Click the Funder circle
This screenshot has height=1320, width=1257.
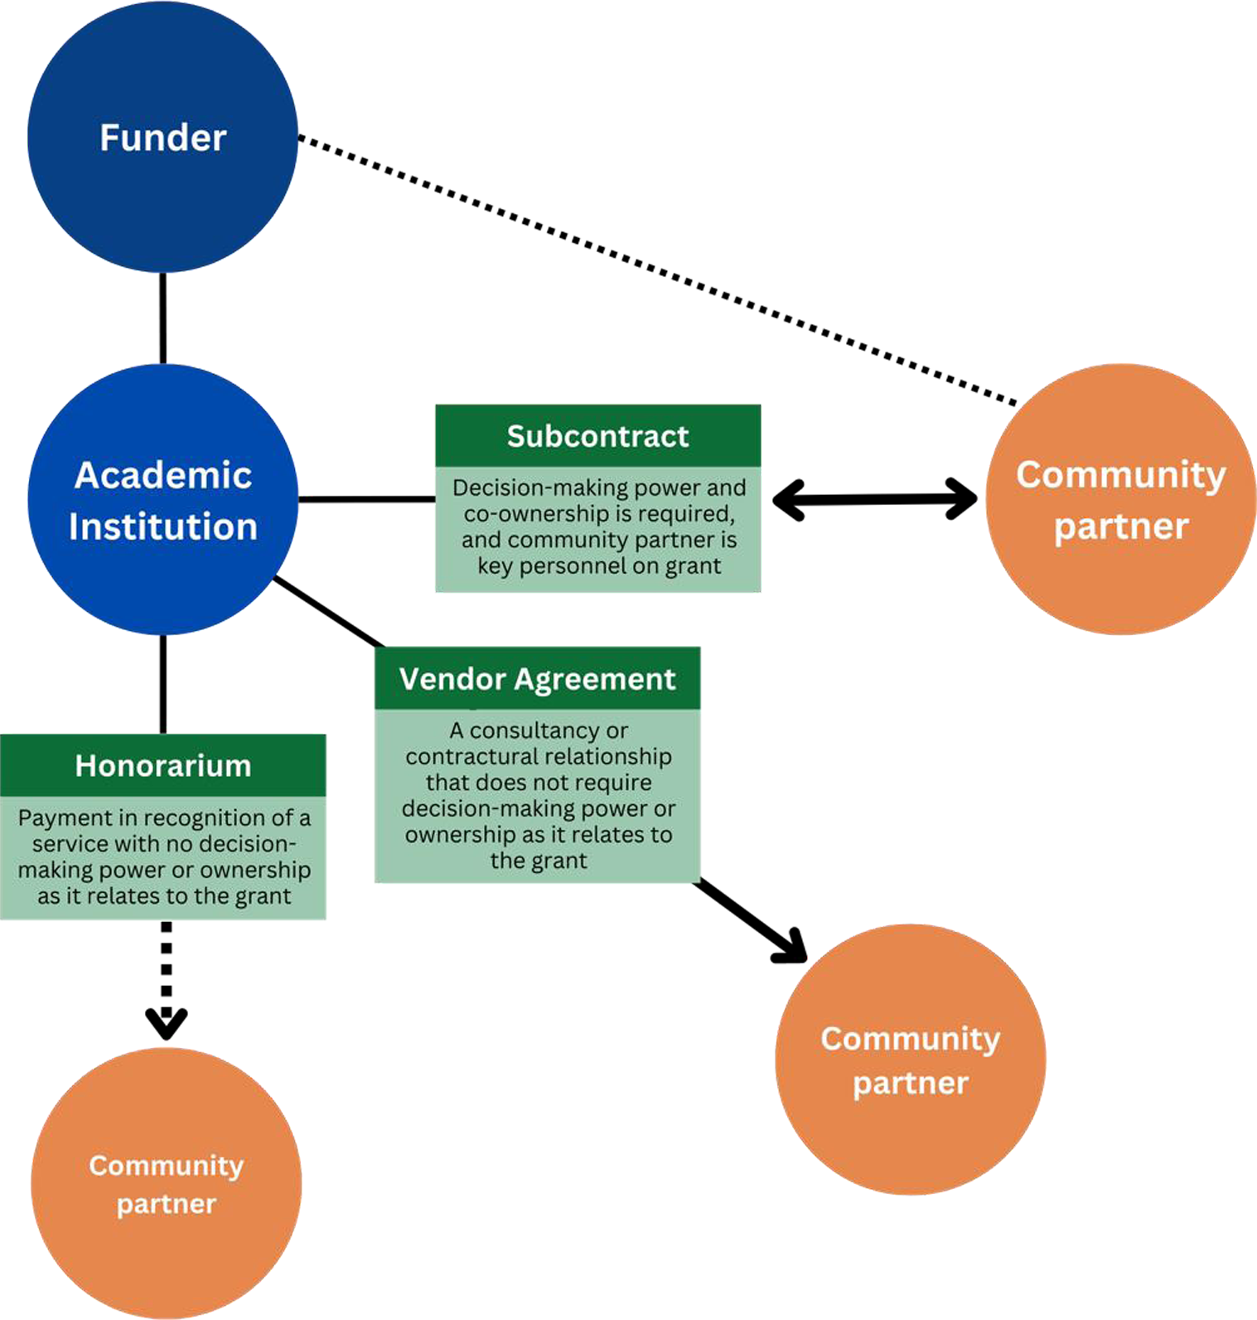pos(162,137)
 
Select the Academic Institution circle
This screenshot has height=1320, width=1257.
pos(162,499)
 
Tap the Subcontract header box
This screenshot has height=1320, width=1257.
pos(597,436)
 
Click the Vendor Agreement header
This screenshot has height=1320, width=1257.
pos(537,678)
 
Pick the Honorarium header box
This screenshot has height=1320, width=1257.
pos(162,765)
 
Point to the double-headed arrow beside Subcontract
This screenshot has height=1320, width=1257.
pos(874,499)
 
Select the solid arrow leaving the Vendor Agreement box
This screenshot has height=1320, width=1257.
pos(750,920)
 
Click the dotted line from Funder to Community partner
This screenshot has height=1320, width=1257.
pos(657,270)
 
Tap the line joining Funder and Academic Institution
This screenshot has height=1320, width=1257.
pos(162,318)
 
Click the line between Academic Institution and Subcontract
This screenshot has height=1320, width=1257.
pos(367,499)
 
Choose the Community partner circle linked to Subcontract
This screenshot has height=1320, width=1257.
pos(1121,499)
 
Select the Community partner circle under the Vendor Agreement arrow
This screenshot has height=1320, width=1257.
pos(911,1059)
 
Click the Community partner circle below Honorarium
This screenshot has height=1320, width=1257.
pos(167,1183)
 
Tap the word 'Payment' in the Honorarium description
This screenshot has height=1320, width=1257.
pos(65,818)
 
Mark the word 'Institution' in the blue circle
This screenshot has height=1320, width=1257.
pos(162,527)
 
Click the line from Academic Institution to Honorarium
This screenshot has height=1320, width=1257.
pos(162,684)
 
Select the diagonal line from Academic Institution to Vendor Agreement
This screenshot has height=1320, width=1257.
pos(329,612)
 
